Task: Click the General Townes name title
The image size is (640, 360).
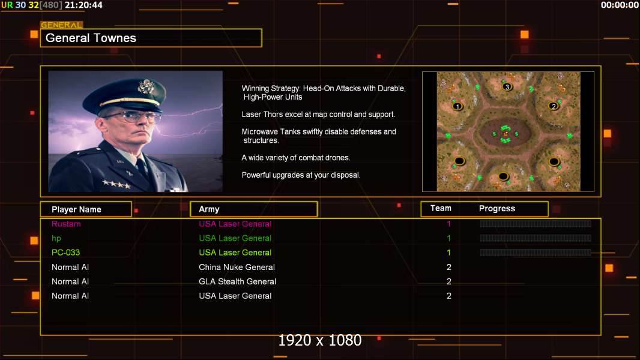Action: point(91,38)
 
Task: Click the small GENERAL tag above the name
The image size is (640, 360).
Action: point(62,25)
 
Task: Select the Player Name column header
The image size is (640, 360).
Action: point(76,209)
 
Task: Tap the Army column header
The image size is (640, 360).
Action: point(209,209)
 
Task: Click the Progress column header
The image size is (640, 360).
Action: point(497,208)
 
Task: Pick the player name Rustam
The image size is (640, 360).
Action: point(66,224)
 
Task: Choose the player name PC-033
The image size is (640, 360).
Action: point(65,253)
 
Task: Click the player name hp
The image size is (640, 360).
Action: point(56,239)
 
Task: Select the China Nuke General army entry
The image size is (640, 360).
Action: point(237,267)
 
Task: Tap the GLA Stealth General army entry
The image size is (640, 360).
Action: point(237,281)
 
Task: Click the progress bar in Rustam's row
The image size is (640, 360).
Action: point(536,223)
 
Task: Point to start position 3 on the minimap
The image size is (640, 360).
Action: point(507,86)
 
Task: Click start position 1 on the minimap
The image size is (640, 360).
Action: point(457,106)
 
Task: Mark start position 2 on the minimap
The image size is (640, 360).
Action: point(554,106)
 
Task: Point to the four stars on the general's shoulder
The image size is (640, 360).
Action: point(116,184)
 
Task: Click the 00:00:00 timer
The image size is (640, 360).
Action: point(620,5)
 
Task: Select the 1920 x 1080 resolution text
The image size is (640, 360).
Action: point(320,340)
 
